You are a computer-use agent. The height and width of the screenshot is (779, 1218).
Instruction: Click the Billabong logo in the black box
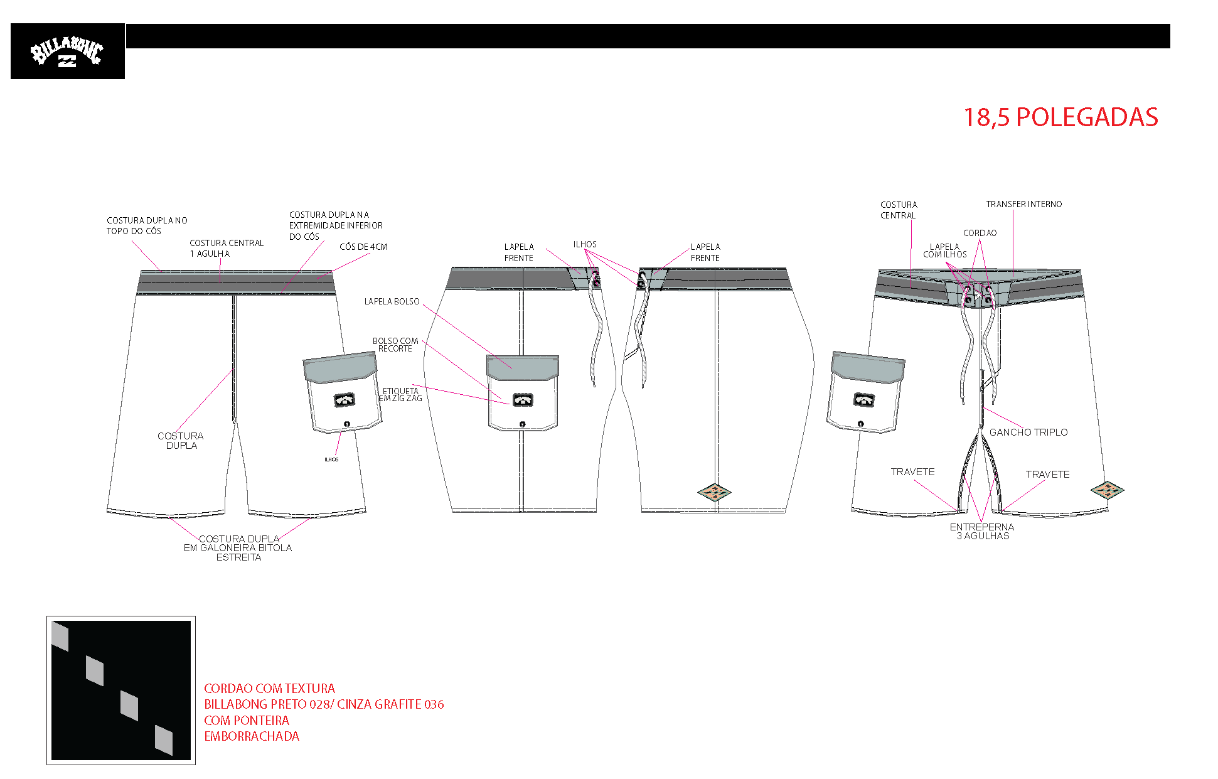67,51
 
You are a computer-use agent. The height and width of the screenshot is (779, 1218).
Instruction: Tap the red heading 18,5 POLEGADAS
1060,117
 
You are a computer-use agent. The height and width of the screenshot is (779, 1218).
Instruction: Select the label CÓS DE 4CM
363,247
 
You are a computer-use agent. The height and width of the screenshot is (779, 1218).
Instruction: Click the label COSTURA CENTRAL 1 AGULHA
227,248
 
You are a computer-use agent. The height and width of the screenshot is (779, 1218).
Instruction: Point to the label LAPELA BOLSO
392,301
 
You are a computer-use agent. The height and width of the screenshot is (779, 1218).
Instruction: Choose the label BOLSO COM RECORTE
395,345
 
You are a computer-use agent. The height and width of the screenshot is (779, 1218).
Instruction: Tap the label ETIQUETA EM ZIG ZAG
400,394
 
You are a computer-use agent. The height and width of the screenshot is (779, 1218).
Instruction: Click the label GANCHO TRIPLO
1028,432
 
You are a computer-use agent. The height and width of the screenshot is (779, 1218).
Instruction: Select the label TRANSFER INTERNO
1023,204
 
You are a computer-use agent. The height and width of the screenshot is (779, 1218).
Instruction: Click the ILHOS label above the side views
585,244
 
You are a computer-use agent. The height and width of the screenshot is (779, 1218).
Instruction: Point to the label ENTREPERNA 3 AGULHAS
982,531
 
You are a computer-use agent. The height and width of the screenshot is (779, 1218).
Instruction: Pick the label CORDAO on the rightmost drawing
980,233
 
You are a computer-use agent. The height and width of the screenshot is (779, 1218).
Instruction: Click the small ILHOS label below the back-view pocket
331,459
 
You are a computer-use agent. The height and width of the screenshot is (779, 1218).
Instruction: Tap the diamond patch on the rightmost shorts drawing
1107,490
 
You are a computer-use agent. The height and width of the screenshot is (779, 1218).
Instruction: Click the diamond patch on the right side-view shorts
714,492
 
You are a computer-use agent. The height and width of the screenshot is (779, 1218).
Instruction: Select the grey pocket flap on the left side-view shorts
523,367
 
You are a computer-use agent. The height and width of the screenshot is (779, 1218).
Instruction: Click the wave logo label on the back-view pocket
345,400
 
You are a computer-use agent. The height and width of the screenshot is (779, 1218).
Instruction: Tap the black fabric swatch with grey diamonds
121,690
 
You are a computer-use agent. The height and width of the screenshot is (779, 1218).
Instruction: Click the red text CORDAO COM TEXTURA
269,688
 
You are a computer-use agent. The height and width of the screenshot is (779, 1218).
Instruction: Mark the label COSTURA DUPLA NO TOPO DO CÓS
147,225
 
